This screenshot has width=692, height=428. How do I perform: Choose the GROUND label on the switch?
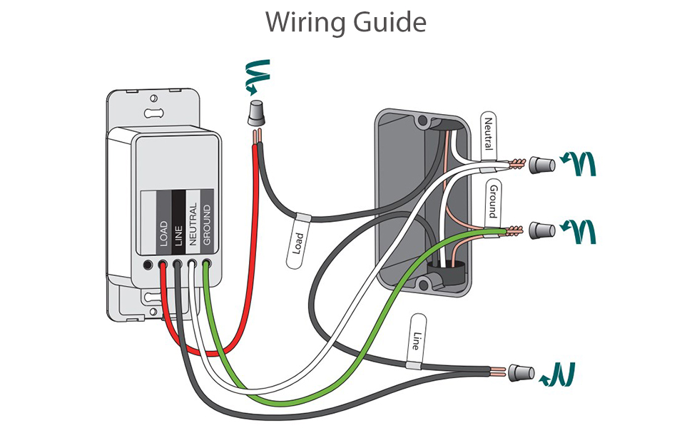(x=207, y=224)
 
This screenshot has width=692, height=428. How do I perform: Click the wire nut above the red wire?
(x=253, y=113)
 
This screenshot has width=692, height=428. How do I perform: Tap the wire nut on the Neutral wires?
(x=541, y=165)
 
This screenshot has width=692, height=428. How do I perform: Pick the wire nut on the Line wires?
(x=522, y=372)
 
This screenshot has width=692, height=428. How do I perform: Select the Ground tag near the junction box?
(x=492, y=200)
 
